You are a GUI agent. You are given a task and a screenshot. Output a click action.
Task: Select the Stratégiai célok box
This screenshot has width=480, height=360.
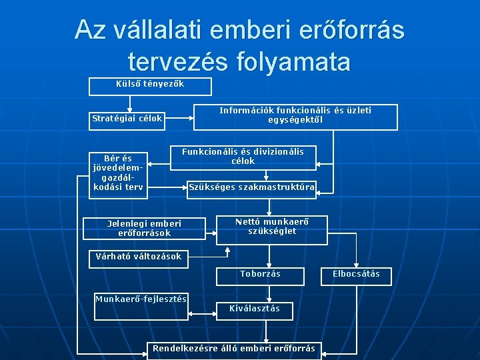click(x=127, y=119)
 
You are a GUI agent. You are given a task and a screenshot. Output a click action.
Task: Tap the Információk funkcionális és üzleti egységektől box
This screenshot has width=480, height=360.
click(x=295, y=116)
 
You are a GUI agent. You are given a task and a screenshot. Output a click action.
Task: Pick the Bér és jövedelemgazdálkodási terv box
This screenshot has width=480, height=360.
click(x=117, y=173)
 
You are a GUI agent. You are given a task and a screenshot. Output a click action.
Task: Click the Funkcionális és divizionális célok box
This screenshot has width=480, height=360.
click(x=243, y=157)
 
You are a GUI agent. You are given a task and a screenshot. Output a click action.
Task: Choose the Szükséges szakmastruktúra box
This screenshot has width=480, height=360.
click(x=251, y=187)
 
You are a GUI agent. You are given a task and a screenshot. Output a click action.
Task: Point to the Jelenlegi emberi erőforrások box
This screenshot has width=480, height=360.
click(x=144, y=229)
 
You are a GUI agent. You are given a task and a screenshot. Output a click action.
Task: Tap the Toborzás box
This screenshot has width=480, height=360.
click(x=261, y=275)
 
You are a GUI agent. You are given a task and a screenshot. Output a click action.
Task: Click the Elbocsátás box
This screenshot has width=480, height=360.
click(x=356, y=275)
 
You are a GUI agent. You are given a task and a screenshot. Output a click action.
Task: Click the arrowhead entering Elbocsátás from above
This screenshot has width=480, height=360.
click(x=356, y=264)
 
